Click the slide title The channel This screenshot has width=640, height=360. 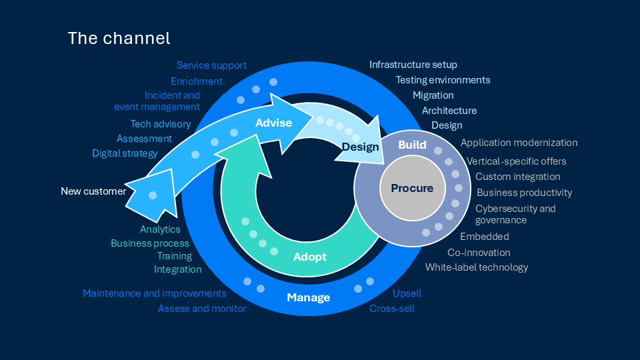(x=119, y=38)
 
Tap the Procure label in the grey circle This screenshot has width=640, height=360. (x=412, y=188)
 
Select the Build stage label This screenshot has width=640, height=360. (x=412, y=145)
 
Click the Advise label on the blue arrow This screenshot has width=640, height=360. (x=274, y=123)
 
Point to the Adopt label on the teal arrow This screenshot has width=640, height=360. (x=310, y=257)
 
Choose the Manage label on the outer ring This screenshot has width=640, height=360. (x=309, y=297)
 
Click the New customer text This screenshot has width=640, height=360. (x=93, y=191)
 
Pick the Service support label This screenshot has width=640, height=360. (x=211, y=65)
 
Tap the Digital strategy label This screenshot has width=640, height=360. (x=125, y=153)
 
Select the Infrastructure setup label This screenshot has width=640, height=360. (x=413, y=65)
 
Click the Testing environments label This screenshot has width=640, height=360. (x=443, y=80)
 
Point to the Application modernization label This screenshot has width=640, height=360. (x=519, y=143)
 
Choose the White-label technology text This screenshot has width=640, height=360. (x=477, y=267)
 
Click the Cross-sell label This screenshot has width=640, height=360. (x=392, y=309)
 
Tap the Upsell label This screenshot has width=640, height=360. (x=407, y=293)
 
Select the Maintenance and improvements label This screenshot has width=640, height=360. (x=155, y=293)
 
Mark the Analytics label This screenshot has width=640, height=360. (x=160, y=229)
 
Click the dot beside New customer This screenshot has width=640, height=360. (x=153, y=195)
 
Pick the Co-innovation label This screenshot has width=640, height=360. (x=479, y=253)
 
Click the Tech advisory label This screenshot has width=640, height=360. (x=161, y=124)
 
